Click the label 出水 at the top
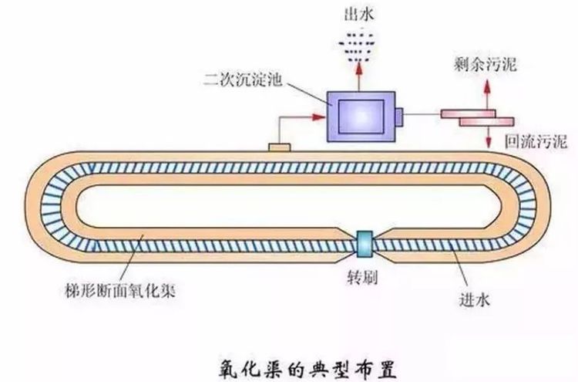[x=357, y=14]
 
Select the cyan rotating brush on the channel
[x=363, y=245]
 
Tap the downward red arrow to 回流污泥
[x=488, y=137]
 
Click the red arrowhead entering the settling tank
[x=317, y=117]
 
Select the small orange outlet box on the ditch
[x=278, y=146]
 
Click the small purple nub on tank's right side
[x=399, y=116]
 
